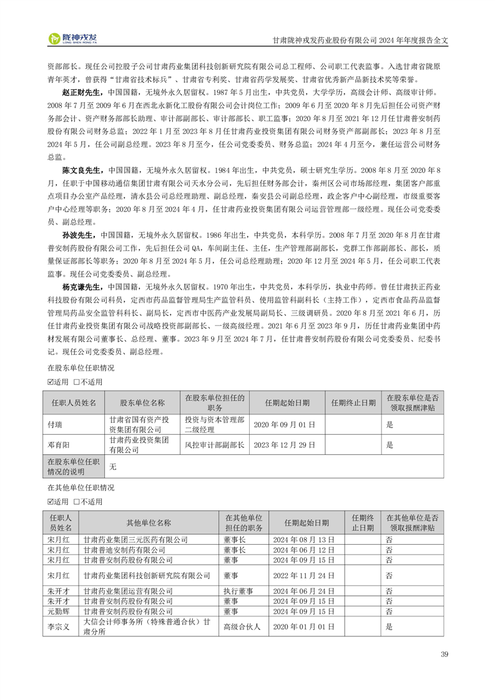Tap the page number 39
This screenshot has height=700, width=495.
coord(444,654)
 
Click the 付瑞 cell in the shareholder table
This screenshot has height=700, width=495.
coord(56,424)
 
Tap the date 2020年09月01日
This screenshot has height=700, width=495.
coord(285,424)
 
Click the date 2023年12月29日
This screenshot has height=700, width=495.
coord(285,445)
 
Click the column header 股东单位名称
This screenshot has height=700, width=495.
coord(142,403)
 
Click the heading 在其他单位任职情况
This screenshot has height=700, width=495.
coord(81,488)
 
